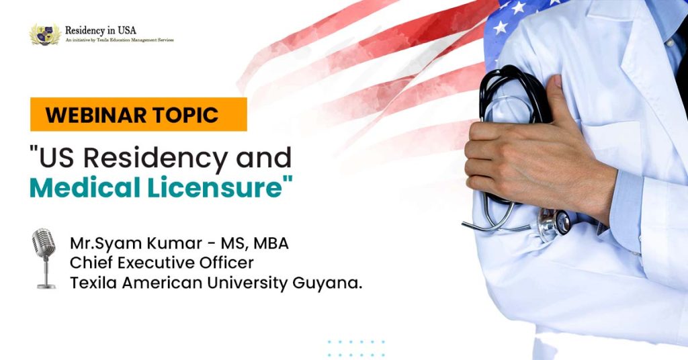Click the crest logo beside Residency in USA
tap(45, 34)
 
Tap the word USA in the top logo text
tap(127, 30)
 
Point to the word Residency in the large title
tap(156, 158)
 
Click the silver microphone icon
tap(44, 259)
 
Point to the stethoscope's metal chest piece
tap(554, 224)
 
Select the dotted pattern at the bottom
tap(356, 348)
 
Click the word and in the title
tap(263, 158)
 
